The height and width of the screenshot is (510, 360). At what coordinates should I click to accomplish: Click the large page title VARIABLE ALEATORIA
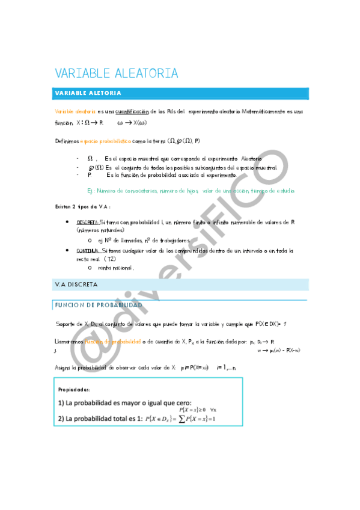[117, 73]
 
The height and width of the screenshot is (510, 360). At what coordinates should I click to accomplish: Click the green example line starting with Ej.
[191, 191]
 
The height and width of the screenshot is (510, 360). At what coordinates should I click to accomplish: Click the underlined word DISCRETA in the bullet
[87, 222]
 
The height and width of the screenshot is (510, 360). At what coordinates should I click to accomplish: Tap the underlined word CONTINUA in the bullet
[88, 251]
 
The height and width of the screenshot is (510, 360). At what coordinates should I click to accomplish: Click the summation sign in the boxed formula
[181, 419]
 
